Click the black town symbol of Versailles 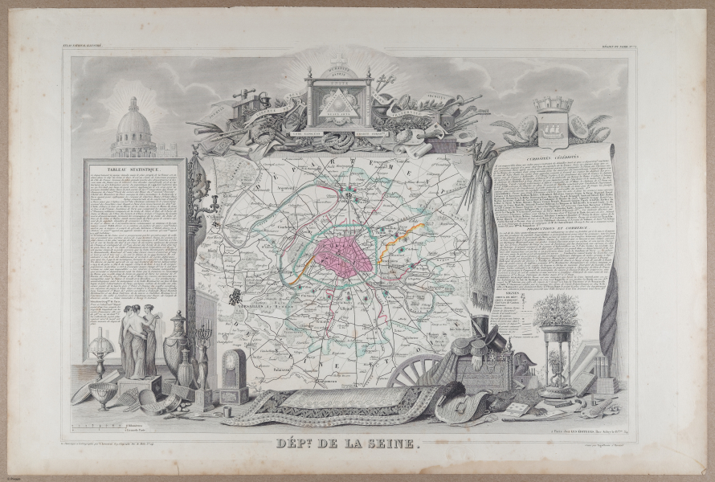point(235,297)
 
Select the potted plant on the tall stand point(556,309)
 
